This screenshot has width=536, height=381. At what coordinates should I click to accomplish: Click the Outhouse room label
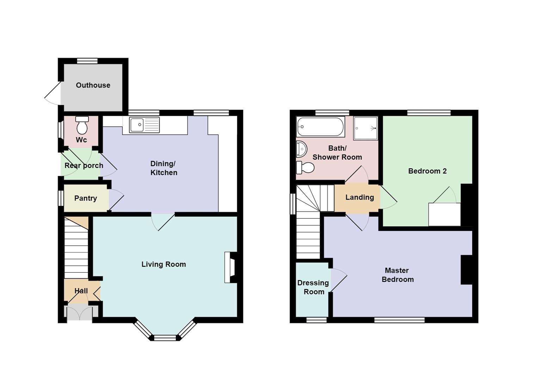pos(93,85)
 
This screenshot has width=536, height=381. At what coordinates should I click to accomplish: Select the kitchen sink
pos(144,125)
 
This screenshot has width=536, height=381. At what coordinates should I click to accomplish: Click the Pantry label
pos(86,198)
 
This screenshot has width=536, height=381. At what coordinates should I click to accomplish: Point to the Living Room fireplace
pos(231,267)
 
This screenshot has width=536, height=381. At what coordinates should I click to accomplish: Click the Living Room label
pos(164,264)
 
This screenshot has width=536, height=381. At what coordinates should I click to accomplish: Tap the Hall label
pos(81,291)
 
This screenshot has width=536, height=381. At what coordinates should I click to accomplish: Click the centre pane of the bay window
pos(165,338)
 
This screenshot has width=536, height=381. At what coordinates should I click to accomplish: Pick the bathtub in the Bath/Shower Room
pos(320,127)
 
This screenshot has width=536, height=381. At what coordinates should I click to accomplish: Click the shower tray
pos(365,128)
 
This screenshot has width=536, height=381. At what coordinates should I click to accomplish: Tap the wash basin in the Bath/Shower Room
pos(301,149)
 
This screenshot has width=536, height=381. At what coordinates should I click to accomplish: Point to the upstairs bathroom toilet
pos(305,168)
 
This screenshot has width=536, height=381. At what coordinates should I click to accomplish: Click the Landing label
pos(359,197)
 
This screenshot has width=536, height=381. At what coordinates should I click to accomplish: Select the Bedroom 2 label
pos(427,171)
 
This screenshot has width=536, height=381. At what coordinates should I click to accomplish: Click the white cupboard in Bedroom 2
pos(444,214)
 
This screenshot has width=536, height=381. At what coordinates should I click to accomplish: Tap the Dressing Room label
pos(313,287)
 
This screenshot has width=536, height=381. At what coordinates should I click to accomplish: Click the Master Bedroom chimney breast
pos(466,270)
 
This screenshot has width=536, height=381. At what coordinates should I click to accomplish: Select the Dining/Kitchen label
pos(164,168)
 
